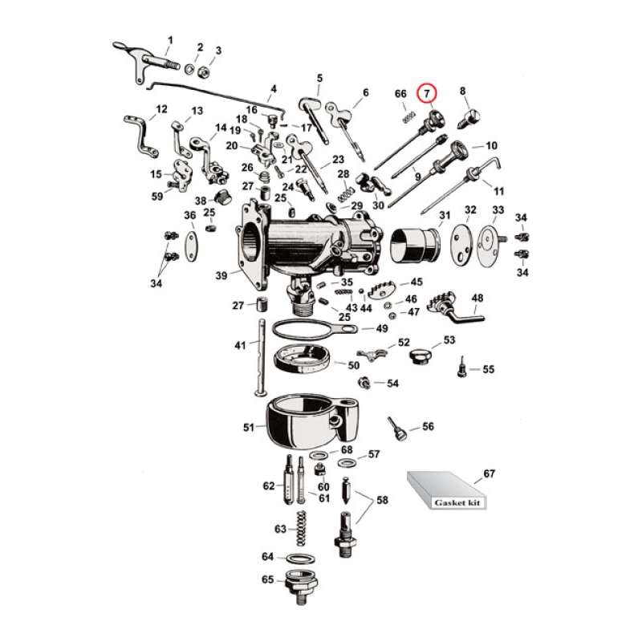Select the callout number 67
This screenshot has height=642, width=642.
pos(489,473)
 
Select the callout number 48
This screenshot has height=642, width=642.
pos(477,298)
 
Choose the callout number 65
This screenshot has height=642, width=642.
pos(267,579)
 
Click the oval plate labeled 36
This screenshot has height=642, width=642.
pos(190,243)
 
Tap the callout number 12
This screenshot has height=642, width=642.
pos(161,108)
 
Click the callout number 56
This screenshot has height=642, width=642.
pos(428,426)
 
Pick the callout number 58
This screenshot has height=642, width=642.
pos(382,500)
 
